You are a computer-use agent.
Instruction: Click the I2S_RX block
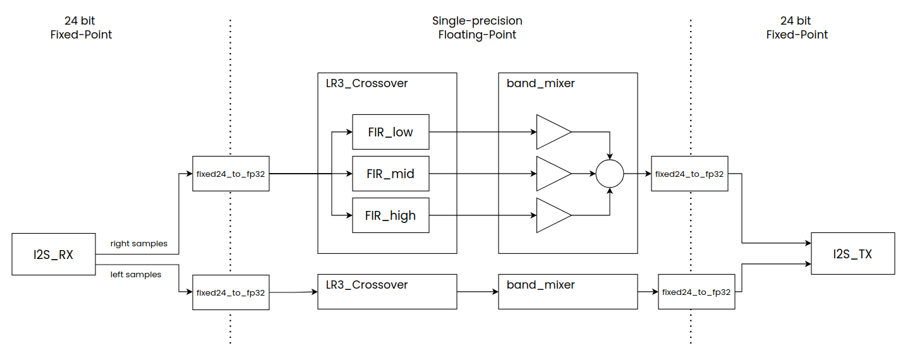pos(53,254)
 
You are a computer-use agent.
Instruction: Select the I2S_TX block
pos(852,254)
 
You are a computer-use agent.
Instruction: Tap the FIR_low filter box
pos(391,132)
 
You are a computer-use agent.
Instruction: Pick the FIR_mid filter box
pos(391,174)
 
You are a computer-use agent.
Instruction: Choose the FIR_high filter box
pos(391,215)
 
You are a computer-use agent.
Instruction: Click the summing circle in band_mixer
pos(610,173)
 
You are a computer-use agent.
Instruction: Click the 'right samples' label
pos(138,243)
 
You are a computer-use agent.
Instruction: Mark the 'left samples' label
pos(135,275)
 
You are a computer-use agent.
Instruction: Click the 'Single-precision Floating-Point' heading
pos(477,28)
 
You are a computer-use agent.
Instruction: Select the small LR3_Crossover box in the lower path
pos(387,292)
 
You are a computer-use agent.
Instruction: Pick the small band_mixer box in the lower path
pos(567,292)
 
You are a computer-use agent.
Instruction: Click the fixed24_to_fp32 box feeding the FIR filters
pos(231,174)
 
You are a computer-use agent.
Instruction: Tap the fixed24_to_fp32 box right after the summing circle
pos(689,174)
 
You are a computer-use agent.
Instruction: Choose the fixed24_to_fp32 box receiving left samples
pos(231,292)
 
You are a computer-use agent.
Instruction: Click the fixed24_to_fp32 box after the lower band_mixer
pos(696,292)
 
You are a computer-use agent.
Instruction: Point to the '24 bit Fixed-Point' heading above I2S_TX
pos(797,28)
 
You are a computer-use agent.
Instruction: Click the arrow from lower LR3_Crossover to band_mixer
pos(477,292)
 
